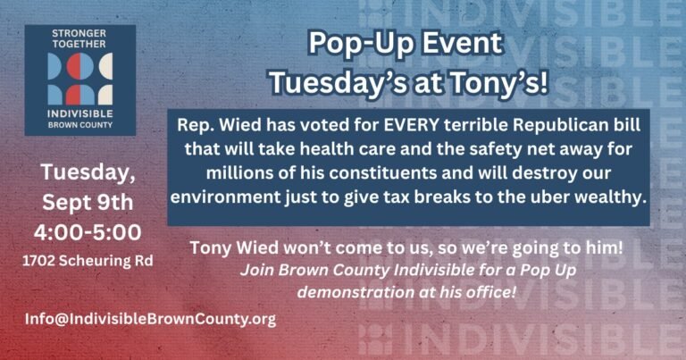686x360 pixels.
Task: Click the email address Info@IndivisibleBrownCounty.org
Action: point(150,319)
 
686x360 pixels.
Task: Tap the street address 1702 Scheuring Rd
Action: point(88,261)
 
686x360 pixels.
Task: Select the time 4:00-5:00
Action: point(88,232)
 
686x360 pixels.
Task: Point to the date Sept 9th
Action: point(88,203)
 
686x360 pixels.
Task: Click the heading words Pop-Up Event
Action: point(406,43)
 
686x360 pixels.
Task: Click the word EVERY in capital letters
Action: point(411,125)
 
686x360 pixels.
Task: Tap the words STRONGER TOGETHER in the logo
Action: point(79,38)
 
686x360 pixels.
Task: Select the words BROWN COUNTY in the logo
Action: point(80,125)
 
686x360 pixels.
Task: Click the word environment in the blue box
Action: point(225,197)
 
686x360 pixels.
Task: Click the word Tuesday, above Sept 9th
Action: point(88,172)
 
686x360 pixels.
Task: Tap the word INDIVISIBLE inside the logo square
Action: point(80,113)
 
